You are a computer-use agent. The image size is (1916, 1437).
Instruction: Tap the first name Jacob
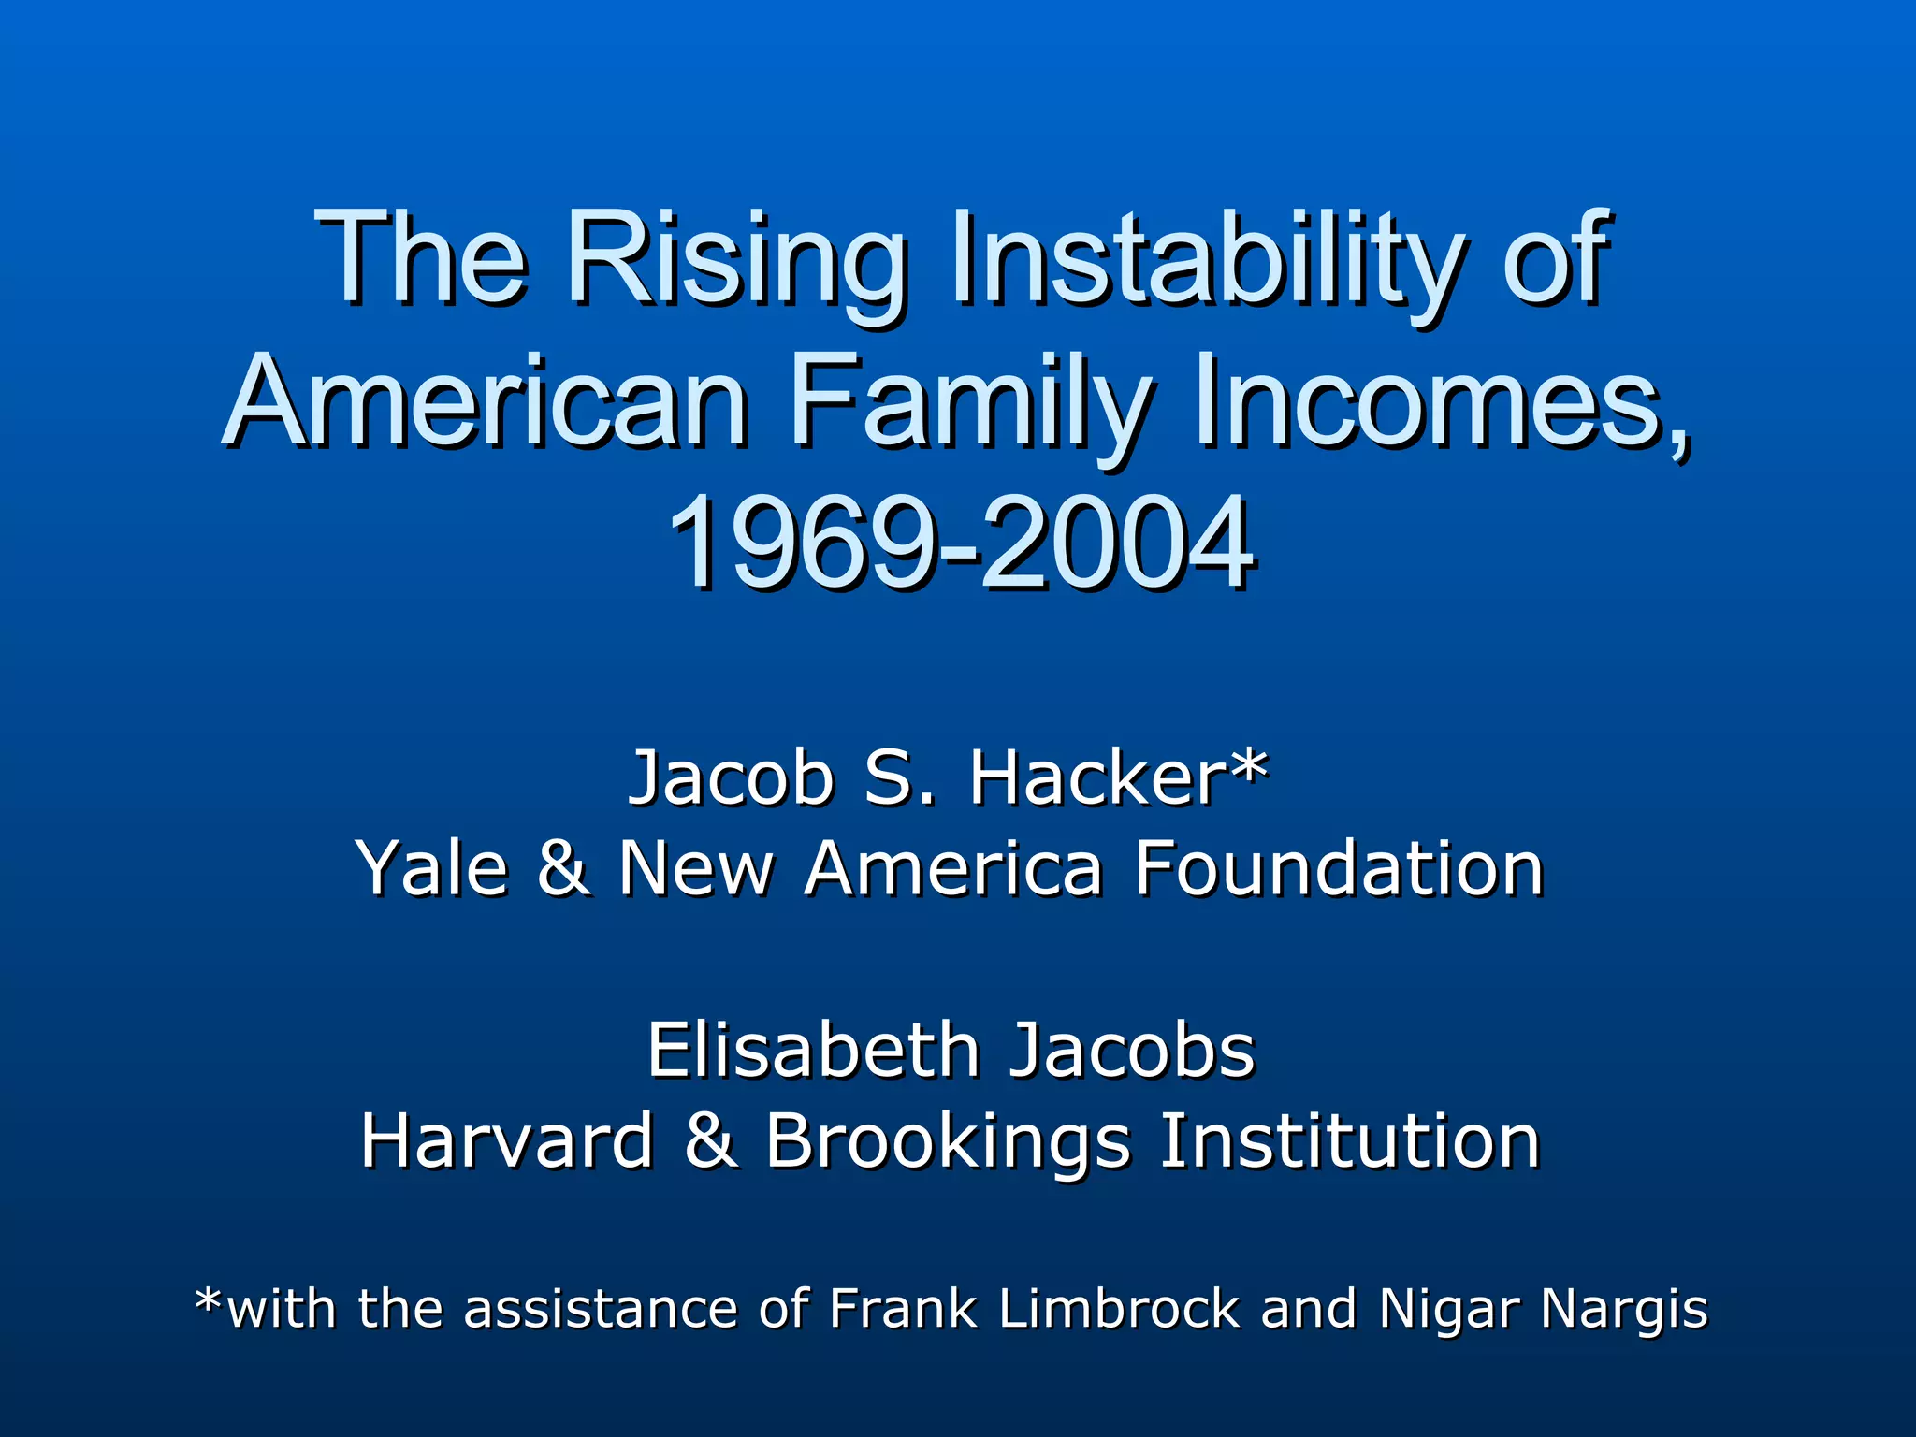click(x=731, y=778)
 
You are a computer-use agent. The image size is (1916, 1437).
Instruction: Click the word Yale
click(x=431, y=869)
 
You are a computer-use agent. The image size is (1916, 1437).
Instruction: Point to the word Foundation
click(x=1339, y=869)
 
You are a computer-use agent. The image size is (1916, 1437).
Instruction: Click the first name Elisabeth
click(x=814, y=1051)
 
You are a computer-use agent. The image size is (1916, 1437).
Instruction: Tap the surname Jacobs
click(x=1133, y=1051)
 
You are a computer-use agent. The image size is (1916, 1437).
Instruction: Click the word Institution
click(x=1349, y=1141)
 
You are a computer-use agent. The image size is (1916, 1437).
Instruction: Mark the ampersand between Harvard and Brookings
click(x=710, y=1141)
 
